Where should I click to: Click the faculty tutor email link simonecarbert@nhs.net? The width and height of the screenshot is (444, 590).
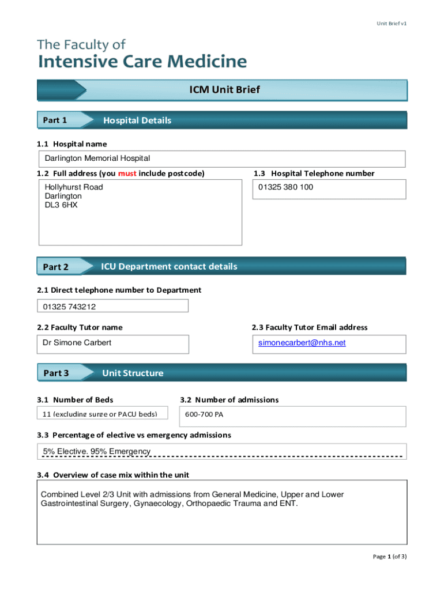click(x=302, y=343)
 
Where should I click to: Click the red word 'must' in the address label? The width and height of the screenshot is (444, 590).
click(x=127, y=173)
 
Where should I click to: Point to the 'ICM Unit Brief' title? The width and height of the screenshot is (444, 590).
click(x=225, y=90)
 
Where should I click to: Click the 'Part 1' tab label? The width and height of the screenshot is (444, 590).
click(x=55, y=120)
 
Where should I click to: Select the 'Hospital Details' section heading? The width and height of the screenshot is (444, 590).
click(x=137, y=120)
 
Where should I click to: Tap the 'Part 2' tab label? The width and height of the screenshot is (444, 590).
click(x=56, y=267)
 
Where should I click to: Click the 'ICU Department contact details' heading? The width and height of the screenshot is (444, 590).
click(x=169, y=266)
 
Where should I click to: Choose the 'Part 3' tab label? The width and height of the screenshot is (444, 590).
click(x=56, y=373)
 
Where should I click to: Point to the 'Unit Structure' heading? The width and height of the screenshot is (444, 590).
click(x=133, y=373)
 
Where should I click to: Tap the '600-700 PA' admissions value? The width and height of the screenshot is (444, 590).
click(x=200, y=414)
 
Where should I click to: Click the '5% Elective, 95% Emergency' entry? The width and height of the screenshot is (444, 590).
click(x=97, y=451)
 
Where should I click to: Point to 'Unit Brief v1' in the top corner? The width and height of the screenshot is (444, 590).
click(x=392, y=24)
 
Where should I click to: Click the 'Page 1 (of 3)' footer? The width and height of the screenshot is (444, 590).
click(x=390, y=557)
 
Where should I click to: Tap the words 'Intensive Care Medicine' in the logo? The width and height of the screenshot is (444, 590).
click(x=142, y=62)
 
